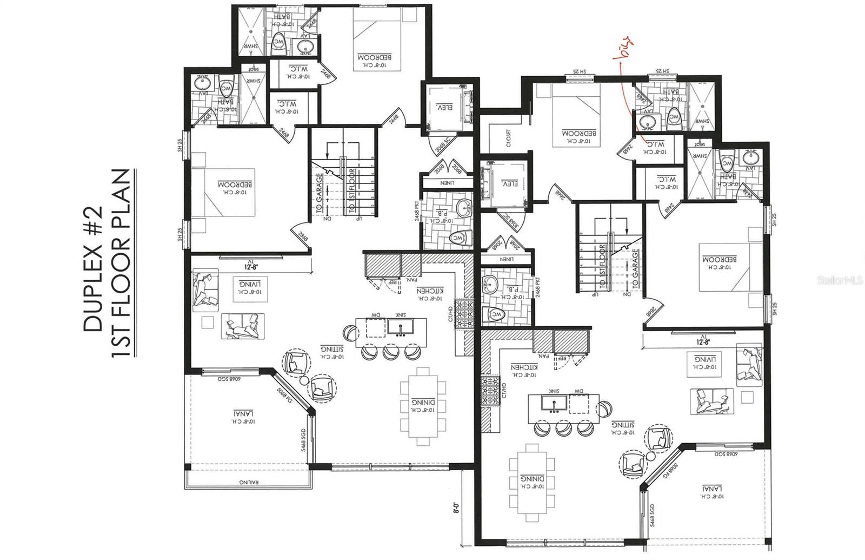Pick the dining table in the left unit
click(423, 406)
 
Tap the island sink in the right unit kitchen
click(552, 403)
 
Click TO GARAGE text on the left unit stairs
click(319, 193)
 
